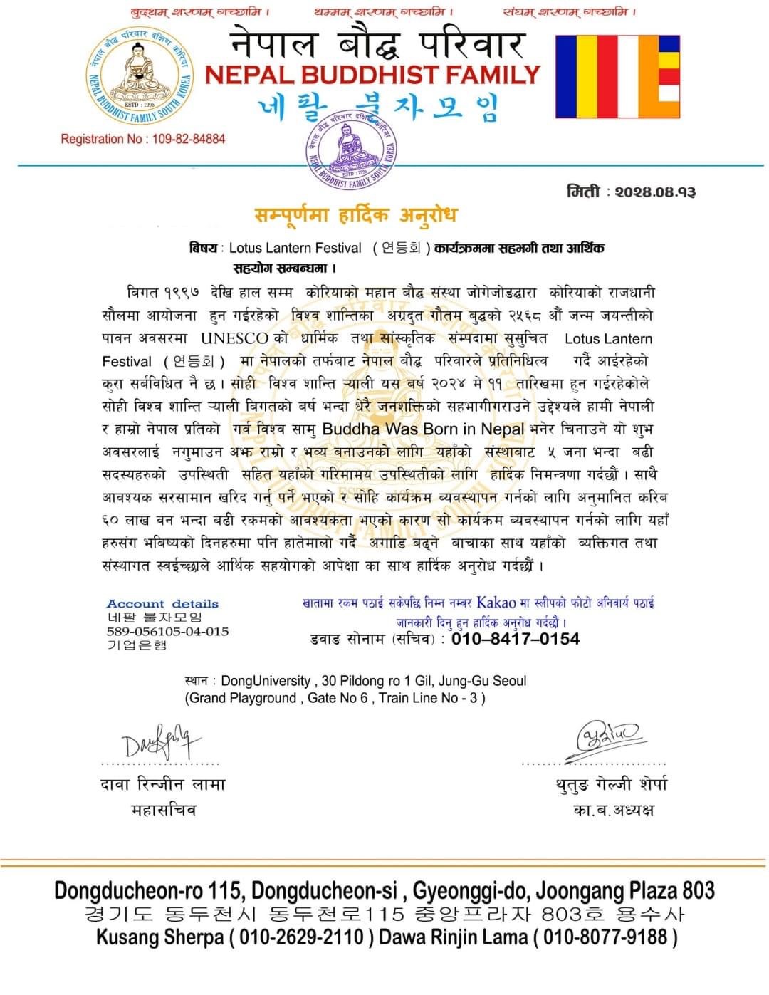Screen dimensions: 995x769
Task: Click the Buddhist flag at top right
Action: pyautogui.click(x=617, y=76)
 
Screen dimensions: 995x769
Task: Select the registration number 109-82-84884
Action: pyautogui.click(x=188, y=139)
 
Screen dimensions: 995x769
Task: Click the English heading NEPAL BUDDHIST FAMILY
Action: pyautogui.click(x=373, y=74)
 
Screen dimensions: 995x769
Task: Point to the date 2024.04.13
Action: pyautogui.click(x=655, y=192)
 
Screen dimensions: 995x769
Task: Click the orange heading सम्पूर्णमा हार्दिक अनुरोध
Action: pyautogui.click(x=355, y=214)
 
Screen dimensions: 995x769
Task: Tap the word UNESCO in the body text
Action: pyautogui.click(x=234, y=338)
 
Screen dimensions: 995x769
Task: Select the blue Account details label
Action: pyautogui.click(x=162, y=603)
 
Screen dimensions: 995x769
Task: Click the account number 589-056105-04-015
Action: pyautogui.click(x=167, y=631)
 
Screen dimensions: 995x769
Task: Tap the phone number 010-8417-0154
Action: pyautogui.click(x=516, y=639)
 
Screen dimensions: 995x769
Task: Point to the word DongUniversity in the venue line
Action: pyautogui.click(x=266, y=681)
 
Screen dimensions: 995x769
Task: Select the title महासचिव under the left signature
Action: pyautogui.click(x=163, y=810)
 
